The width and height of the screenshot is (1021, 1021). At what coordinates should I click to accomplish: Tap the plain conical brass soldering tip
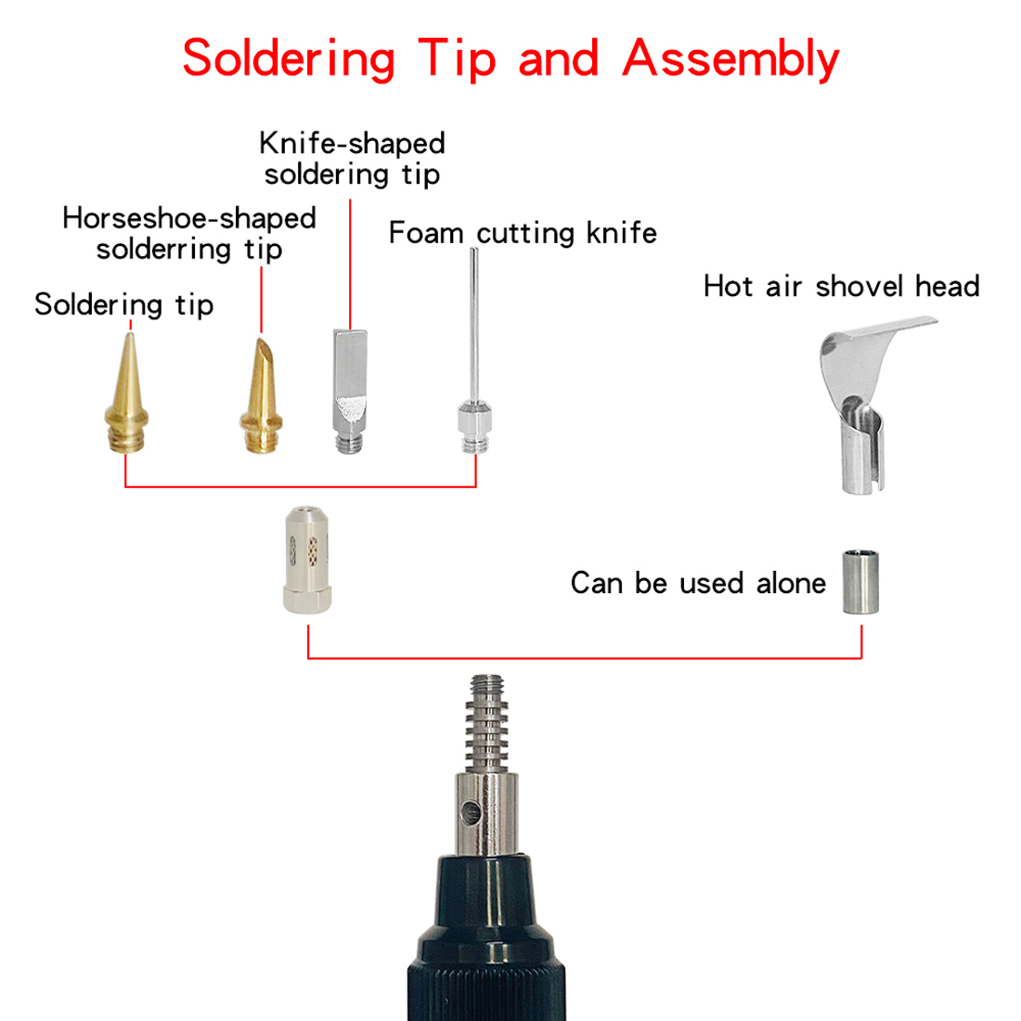point(127,394)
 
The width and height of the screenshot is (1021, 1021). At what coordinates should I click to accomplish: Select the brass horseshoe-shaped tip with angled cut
point(261,396)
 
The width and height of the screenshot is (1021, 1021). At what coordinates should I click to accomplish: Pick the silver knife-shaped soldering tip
point(350,391)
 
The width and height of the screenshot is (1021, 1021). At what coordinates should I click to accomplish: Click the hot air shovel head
point(866,404)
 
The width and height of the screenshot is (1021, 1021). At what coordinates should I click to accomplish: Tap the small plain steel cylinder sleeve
point(860,581)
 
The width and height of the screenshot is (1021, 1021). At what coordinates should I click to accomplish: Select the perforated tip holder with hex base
point(307,560)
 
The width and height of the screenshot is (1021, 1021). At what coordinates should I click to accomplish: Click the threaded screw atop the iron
point(487,723)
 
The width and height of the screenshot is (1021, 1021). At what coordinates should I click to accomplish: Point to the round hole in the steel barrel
point(471,812)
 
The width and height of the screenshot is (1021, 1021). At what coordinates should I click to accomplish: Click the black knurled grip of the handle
point(486,976)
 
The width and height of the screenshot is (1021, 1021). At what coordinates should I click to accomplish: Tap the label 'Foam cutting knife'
point(523,233)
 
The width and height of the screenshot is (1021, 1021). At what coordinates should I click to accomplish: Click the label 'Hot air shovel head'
point(841,287)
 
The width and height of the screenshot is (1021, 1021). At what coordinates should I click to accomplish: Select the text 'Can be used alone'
point(698,583)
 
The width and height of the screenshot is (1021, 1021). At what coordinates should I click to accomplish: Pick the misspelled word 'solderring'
point(163,250)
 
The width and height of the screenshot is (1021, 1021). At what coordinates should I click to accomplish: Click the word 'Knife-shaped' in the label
point(353,143)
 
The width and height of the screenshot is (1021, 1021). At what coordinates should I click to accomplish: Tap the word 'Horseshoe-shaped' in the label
point(189,219)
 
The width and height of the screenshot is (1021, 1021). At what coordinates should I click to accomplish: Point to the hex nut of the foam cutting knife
point(474,419)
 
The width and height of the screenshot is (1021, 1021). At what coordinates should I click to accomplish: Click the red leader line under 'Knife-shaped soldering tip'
point(350,265)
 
